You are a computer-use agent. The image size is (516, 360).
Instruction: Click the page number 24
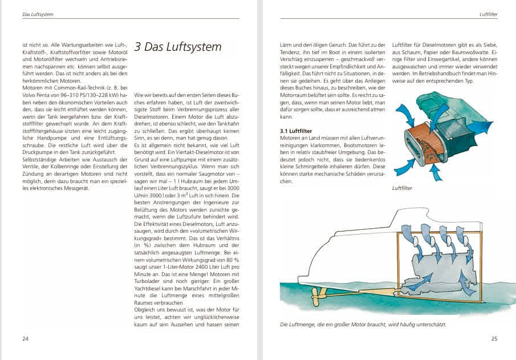[x=25, y=339]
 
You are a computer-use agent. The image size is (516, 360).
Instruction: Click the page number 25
[x=494, y=339]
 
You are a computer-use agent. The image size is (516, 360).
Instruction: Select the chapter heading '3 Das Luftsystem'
[x=177, y=47]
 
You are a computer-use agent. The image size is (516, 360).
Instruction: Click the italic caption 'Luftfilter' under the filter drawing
[x=403, y=187]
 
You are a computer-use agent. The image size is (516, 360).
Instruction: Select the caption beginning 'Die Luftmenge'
[x=363, y=325]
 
